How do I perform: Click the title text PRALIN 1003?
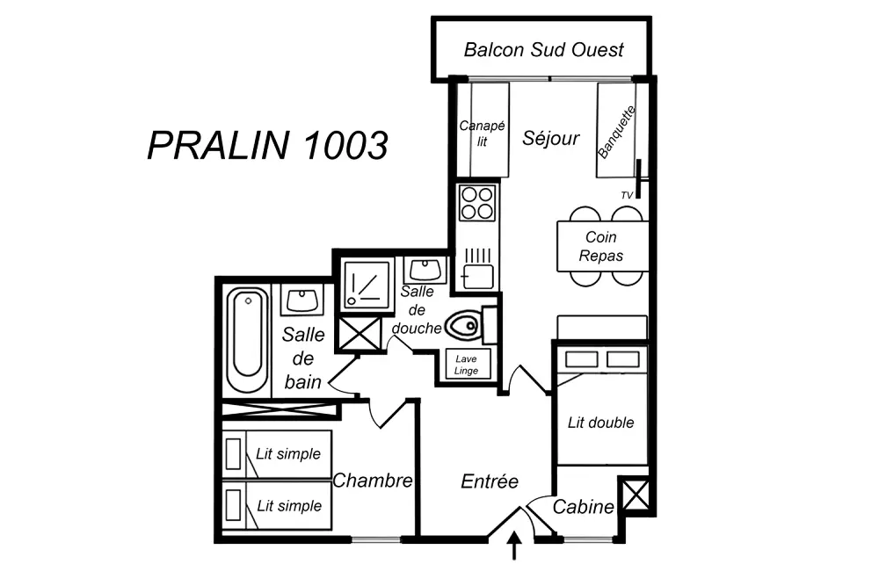tap(267, 145)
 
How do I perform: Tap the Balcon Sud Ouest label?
tap(543, 49)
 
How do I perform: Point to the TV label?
tap(627, 195)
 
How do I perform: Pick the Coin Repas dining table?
tap(602, 247)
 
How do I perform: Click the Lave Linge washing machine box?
tap(467, 365)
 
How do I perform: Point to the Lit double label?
tap(600, 423)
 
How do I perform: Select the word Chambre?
tap(373, 481)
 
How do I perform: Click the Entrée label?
tap(490, 481)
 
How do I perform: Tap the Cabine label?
tap(583, 507)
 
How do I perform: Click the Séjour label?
tap(551, 138)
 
